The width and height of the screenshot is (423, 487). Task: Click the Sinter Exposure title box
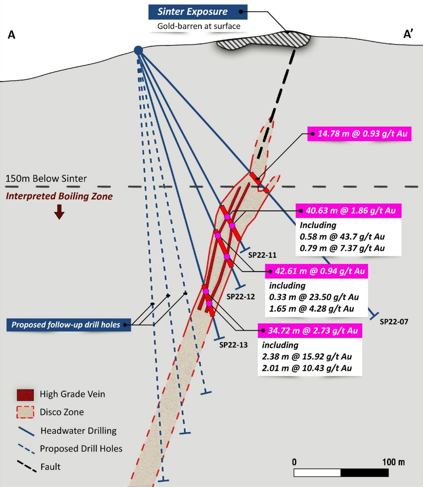pos(198,12)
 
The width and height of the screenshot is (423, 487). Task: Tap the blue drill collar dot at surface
pos(138,50)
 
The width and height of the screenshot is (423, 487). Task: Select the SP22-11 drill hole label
pos(262,255)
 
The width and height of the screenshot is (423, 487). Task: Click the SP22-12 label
pos(241,297)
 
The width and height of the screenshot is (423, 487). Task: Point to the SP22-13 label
pos(233,345)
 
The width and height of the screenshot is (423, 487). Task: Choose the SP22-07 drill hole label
pos(394,322)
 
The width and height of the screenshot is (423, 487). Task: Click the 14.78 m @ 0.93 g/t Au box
pos(359,134)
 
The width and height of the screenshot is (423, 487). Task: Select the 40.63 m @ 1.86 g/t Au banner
pos(348,211)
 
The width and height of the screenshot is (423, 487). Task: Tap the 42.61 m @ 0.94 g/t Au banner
pos(317,271)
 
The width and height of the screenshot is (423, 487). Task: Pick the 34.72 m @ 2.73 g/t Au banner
pos(310,331)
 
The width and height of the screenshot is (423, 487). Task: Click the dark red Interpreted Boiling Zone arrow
pos(59,211)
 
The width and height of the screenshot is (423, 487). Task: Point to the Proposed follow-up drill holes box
pos(69,325)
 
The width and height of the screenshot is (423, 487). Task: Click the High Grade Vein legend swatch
pos(25,395)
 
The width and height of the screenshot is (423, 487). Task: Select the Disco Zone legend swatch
pos(25,412)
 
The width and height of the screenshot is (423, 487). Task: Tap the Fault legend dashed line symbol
pos(27,466)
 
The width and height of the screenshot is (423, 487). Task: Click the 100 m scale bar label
pos(393,462)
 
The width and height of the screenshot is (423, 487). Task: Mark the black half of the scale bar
pos(365,472)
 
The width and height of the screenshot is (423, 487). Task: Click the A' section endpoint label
pos(408,34)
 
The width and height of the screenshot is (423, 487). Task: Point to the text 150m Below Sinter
pos(46,179)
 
